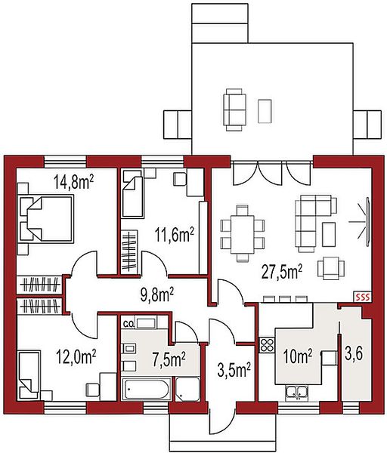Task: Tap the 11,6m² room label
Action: (175, 234)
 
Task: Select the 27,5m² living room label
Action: (282, 272)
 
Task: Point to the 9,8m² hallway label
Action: (157, 294)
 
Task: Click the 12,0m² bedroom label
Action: (76, 356)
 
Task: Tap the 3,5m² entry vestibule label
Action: (234, 371)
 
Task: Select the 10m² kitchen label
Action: (298, 356)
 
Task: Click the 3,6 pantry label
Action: (354, 353)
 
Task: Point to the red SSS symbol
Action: (362, 297)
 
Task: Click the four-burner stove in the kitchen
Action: (267, 345)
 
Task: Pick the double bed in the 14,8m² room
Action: (45, 218)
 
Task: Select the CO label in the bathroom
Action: (128, 324)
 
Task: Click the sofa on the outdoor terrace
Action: (234, 109)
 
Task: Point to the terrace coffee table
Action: (265, 111)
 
